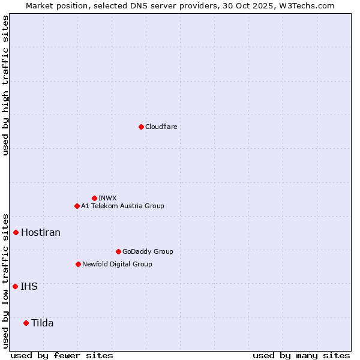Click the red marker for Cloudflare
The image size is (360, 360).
(x=141, y=127)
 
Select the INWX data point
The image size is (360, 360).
(x=94, y=198)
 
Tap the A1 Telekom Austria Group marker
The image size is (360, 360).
(x=77, y=206)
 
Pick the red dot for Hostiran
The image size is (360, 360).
(x=16, y=232)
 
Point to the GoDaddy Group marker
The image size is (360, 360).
(x=118, y=251)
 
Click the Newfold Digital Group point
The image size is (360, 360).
(x=78, y=264)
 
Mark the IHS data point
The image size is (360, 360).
(x=15, y=286)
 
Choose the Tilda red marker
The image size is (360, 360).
(x=26, y=323)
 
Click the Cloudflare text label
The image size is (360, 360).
(x=161, y=127)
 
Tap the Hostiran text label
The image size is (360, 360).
(x=41, y=232)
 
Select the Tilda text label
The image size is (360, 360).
(x=42, y=323)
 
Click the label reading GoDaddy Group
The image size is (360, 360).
(x=148, y=251)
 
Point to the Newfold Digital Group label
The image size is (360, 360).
(x=117, y=264)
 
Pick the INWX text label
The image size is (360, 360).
(x=107, y=198)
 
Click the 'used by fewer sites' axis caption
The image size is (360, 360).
(x=62, y=355)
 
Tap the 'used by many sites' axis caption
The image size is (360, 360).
(x=301, y=355)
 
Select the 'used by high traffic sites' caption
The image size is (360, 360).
(x=5, y=85)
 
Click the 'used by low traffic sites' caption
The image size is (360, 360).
(x=5, y=281)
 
